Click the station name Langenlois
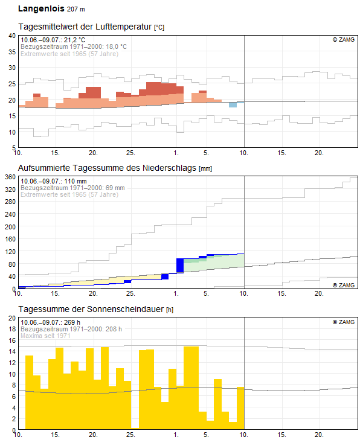(x=41, y=8)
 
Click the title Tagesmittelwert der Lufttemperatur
(x=85, y=27)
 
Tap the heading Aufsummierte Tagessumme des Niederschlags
(x=107, y=168)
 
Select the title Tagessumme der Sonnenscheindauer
(x=91, y=309)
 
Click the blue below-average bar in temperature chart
(x=233, y=105)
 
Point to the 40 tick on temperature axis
(x=12, y=36)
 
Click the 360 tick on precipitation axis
(x=10, y=177)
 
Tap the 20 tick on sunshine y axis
(x=12, y=318)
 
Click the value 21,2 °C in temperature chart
(x=74, y=40)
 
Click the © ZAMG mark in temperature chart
(x=344, y=40)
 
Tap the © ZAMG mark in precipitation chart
(x=344, y=285)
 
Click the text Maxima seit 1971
(x=45, y=336)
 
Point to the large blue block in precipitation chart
(x=180, y=265)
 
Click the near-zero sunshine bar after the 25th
(x=135, y=428)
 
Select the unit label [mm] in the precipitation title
(x=205, y=169)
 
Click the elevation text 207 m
(x=76, y=9)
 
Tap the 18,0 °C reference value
(x=116, y=46)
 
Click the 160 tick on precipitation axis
(x=10, y=239)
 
